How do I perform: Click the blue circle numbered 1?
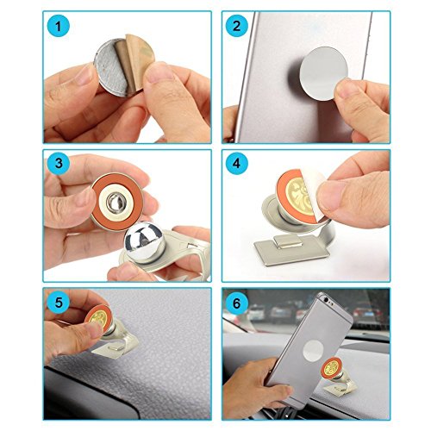point(59,26)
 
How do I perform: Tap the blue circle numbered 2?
point(236,26)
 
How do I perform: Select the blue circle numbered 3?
point(59,163)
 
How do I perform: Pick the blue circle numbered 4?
point(236,163)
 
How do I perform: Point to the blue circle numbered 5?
point(59,302)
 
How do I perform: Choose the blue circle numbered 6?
point(236,303)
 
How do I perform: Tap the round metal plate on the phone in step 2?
point(324,73)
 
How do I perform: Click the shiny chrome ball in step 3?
point(145,240)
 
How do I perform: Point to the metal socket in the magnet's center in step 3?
point(115,202)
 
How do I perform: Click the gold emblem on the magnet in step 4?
point(299,196)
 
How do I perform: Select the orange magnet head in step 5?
point(98,316)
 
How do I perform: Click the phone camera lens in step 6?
point(326,299)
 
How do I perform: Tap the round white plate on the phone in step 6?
point(314,351)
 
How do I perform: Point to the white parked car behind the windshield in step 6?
point(255,312)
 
